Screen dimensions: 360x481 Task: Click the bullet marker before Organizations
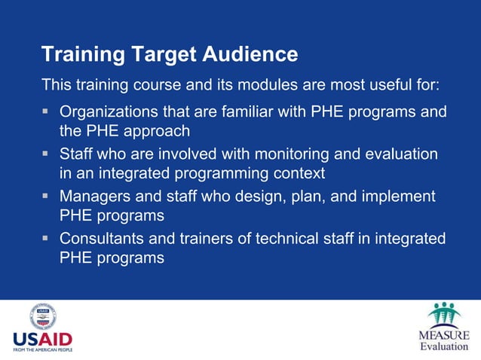click(x=46, y=112)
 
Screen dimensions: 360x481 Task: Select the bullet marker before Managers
click(x=46, y=197)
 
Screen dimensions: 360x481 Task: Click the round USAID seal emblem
click(x=44, y=317)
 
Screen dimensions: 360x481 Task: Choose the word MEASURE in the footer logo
click(x=444, y=334)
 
